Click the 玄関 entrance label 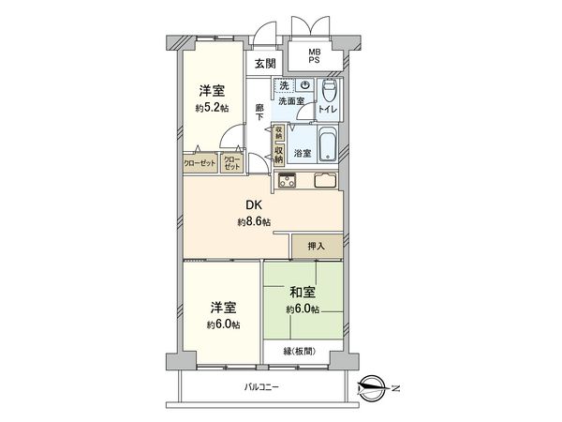264,64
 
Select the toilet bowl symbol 329,92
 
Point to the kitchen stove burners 286,180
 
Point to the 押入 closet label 316,246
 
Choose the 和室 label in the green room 302,293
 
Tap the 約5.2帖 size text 211,108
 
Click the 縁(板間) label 305,352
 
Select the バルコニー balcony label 263,386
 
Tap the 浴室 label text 303,152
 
